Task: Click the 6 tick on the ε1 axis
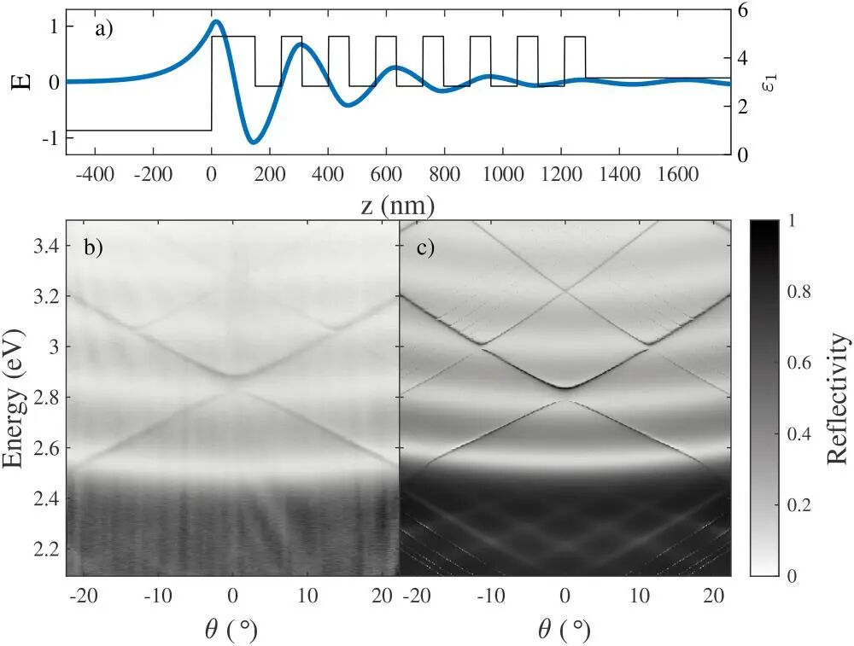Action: (x=743, y=11)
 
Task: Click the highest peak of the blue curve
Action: (x=216, y=21)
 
